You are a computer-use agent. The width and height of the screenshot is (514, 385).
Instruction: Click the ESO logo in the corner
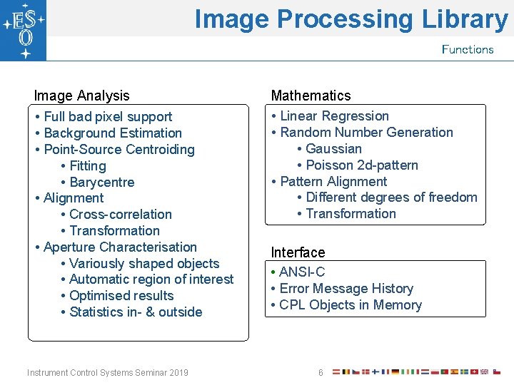(x=23, y=30)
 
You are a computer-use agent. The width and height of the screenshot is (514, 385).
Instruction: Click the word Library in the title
(x=463, y=19)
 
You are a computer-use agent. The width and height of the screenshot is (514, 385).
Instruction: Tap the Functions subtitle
(x=468, y=49)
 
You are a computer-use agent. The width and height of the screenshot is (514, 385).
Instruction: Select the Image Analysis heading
(x=82, y=96)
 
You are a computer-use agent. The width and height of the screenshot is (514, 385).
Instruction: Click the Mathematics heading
(x=311, y=96)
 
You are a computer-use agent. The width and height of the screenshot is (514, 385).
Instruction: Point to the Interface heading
(x=298, y=252)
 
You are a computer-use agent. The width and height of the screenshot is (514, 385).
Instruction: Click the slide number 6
(x=321, y=373)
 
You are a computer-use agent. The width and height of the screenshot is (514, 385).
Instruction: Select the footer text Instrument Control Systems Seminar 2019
(x=108, y=373)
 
